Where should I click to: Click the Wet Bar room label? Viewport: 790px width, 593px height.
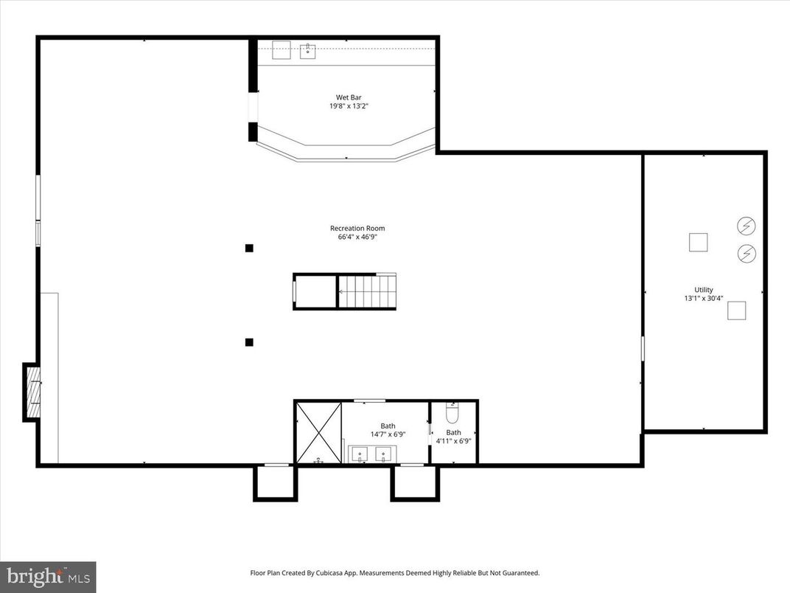click(349, 97)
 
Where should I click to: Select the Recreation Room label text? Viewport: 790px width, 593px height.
click(357, 228)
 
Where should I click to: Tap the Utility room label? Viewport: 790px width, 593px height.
click(703, 290)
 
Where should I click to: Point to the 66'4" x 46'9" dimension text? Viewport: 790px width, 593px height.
click(357, 237)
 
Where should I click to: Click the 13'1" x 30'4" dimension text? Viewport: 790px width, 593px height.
click(703, 299)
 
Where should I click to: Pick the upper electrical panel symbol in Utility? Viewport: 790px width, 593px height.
click(747, 225)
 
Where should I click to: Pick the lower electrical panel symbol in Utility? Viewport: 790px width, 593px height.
click(747, 254)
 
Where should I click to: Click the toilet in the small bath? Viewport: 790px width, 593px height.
click(452, 411)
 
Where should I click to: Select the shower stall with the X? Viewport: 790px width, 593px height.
click(318, 432)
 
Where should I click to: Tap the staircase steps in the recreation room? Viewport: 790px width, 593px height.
click(368, 291)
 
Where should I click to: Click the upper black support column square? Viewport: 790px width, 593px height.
click(249, 248)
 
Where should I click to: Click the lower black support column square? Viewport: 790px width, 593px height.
click(249, 341)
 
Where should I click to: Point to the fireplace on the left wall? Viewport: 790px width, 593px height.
click(32, 391)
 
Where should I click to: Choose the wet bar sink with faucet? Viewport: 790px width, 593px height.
click(308, 50)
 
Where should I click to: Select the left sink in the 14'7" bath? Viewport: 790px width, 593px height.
click(360, 454)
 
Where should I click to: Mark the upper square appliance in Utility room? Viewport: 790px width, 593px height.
click(698, 242)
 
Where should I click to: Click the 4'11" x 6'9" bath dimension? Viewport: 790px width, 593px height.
click(453, 441)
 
